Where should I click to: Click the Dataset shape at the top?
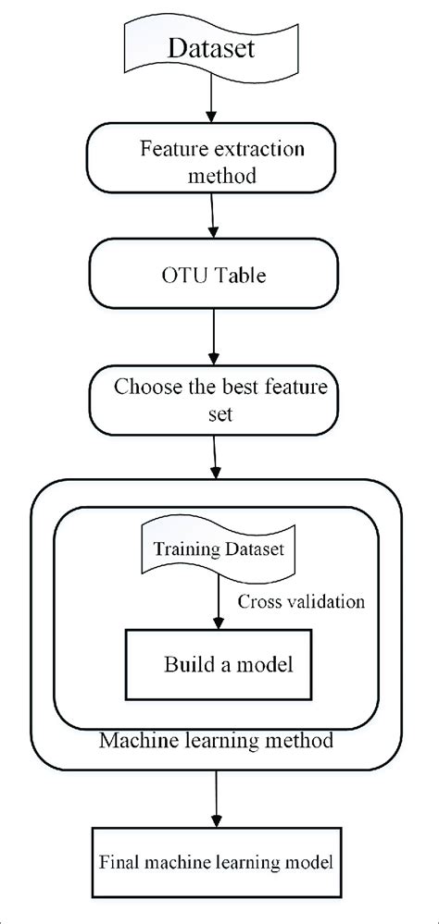coord(215,48)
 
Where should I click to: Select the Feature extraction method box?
coord(215,159)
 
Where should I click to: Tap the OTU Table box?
coord(215,276)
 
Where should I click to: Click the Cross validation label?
coord(300,602)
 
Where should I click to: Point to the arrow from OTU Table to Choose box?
coord(215,336)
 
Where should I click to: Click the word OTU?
coord(180,276)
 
